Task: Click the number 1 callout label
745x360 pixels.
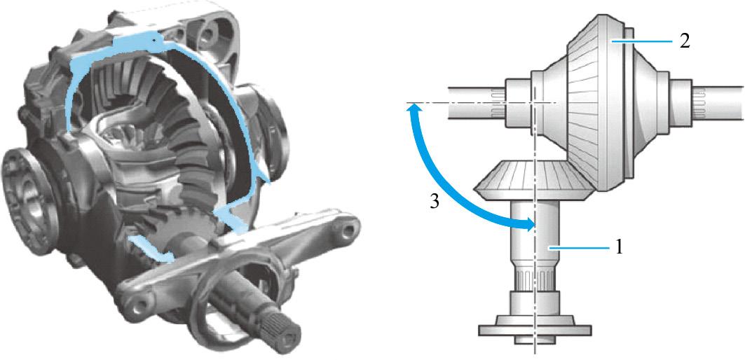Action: tap(619, 248)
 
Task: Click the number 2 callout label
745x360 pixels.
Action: tap(684, 41)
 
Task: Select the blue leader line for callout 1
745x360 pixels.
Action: tap(579, 248)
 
